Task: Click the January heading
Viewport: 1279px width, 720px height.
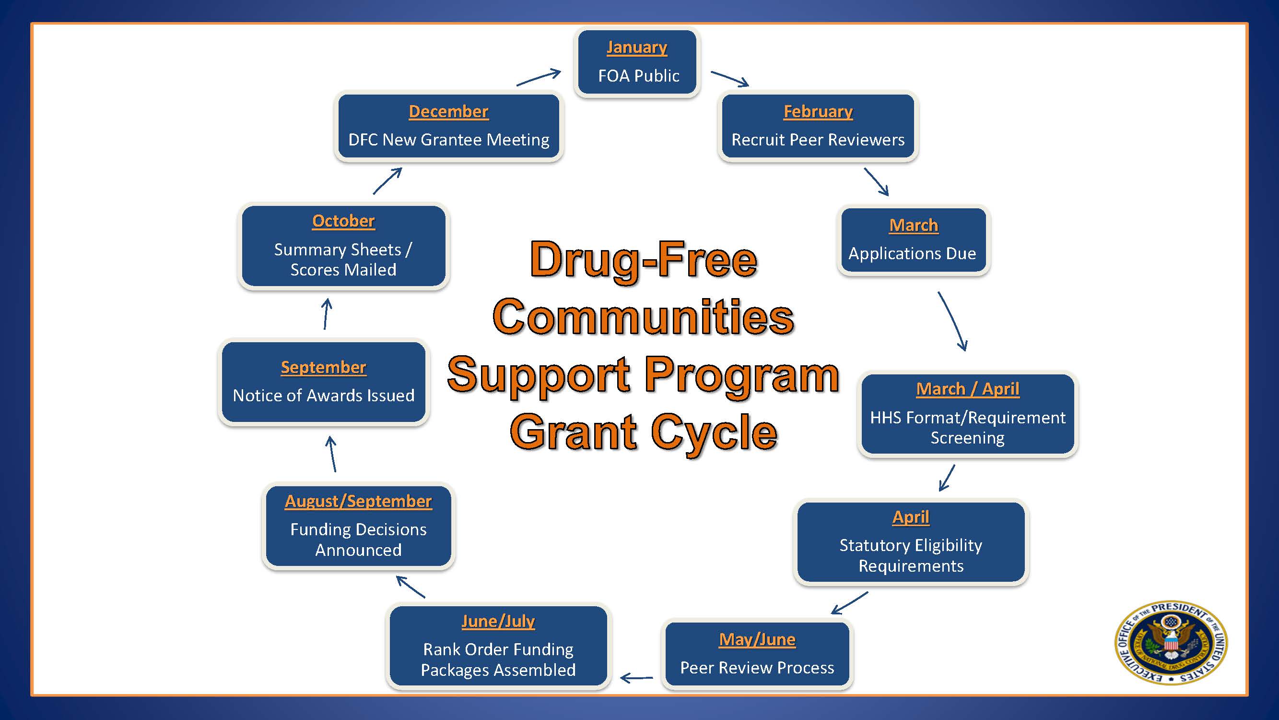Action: pos(636,47)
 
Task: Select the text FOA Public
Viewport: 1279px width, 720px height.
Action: pos(638,76)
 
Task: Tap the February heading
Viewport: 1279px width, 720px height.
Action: pos(818,111)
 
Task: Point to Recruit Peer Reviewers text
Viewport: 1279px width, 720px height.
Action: pos(818,140)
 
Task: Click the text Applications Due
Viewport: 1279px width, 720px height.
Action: pos(912,254)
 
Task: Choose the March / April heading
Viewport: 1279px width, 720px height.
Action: pos(967,389)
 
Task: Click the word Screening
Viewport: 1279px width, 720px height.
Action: pos(967,438)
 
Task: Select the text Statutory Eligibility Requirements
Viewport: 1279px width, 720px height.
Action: pos(911,555)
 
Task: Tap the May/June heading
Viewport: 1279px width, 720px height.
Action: pos(757,639)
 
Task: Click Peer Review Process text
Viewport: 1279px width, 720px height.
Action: pos(757,668)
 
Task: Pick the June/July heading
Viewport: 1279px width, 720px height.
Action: pos(498,621)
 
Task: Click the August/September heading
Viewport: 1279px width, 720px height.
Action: pos(358,501)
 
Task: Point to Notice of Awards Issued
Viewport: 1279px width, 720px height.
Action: pos(323,396)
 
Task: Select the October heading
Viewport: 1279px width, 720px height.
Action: pos(343,221)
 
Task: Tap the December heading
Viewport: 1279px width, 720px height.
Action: pos(448,111)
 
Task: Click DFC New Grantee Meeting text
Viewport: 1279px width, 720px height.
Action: pos(448,140)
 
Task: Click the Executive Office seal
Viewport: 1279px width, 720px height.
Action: pos(1171,642)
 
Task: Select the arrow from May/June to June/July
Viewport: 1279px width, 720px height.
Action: pos(636,677)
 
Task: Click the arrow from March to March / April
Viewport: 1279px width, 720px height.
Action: pos(952,321)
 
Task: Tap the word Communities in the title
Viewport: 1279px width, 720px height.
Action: pos(643,317)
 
